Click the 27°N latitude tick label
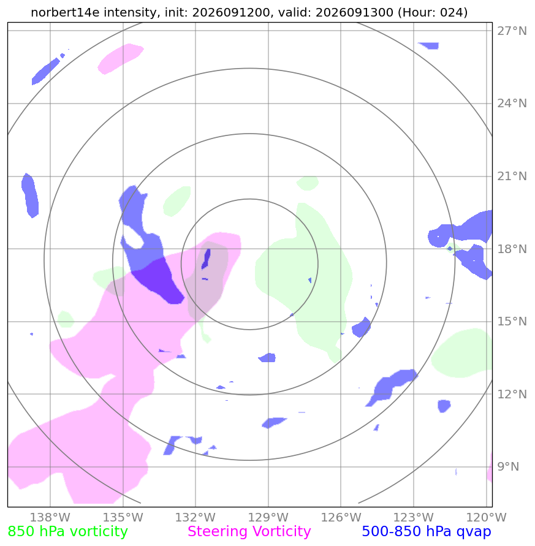512,31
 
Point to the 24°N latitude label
512,104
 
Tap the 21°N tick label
512,176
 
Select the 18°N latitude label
512,249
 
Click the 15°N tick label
512,321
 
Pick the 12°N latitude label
512,394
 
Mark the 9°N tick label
508,466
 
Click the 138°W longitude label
50,517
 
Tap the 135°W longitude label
123,517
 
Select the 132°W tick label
195,517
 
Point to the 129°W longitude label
268,517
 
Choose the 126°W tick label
341,517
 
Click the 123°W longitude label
414,517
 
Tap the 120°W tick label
486,517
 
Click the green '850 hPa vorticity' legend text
67,532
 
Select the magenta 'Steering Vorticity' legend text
249,532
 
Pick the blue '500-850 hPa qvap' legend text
427,532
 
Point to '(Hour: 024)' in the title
433,12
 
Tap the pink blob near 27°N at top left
120,58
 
